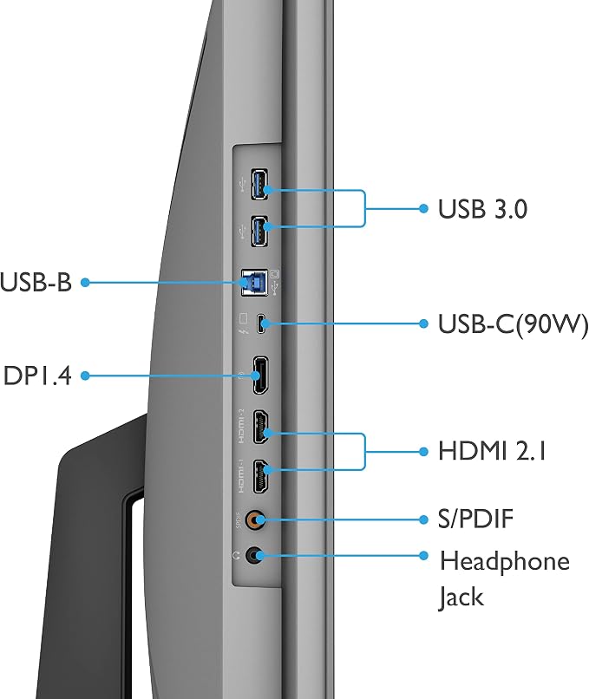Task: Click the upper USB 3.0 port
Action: click(x=259, y=184)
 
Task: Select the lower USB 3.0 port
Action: click(x=259, y=231)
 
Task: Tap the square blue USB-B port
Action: click(x=254, y=282)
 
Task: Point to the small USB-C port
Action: click(x=261, y=324)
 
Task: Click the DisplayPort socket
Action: click(x=260, y=375)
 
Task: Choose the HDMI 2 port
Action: click(x=261, y=427)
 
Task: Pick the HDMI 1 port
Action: click(x=261, y=476)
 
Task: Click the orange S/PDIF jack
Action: click(x=256, y=519)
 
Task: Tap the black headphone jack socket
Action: click(x=254, y=556)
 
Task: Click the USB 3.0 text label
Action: click(x=482, y=209)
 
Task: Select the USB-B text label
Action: click(x=36, y=282)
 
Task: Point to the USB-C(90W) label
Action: click(x=514, y=324)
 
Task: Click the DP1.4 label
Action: click(x=37, y=376)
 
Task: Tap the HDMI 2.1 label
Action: click(x=492, y=451)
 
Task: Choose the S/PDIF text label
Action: click(x=475, y=519)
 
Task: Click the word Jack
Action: click(x=461, y=598)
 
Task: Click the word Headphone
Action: click(x=505, y=561)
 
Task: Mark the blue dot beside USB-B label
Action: click(x=85, y=282)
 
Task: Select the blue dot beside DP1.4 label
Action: click(x=85, y=376)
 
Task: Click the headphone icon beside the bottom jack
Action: click(x=236, y=556)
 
